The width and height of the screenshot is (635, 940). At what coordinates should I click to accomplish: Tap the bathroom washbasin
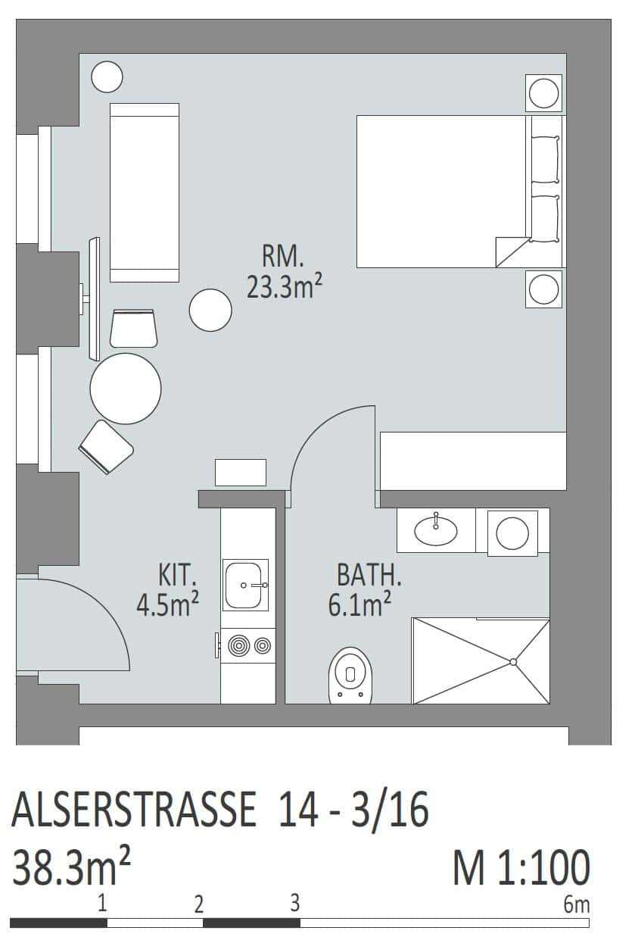pos(436,531)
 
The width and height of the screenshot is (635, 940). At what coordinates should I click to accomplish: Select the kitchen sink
pos(245,585)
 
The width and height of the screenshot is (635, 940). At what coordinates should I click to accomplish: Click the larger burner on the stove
pos(239,646)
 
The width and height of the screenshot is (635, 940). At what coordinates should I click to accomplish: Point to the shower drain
pos(513,662)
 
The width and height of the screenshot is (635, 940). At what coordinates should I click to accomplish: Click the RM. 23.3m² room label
pos(285,272)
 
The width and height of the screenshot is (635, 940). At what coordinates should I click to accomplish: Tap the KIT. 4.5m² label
pos(168,591)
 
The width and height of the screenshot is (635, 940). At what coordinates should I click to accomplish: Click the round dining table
pos(126,389)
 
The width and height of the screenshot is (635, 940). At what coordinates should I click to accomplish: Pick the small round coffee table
pos(210,310)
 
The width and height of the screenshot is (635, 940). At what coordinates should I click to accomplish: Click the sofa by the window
pos(145,192)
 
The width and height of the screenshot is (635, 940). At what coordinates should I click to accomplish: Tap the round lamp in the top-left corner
pos(107,77)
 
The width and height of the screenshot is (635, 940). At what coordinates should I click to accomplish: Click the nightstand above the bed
pos(543,93)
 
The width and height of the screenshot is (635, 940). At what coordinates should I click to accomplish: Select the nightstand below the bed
pos(543,289)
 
